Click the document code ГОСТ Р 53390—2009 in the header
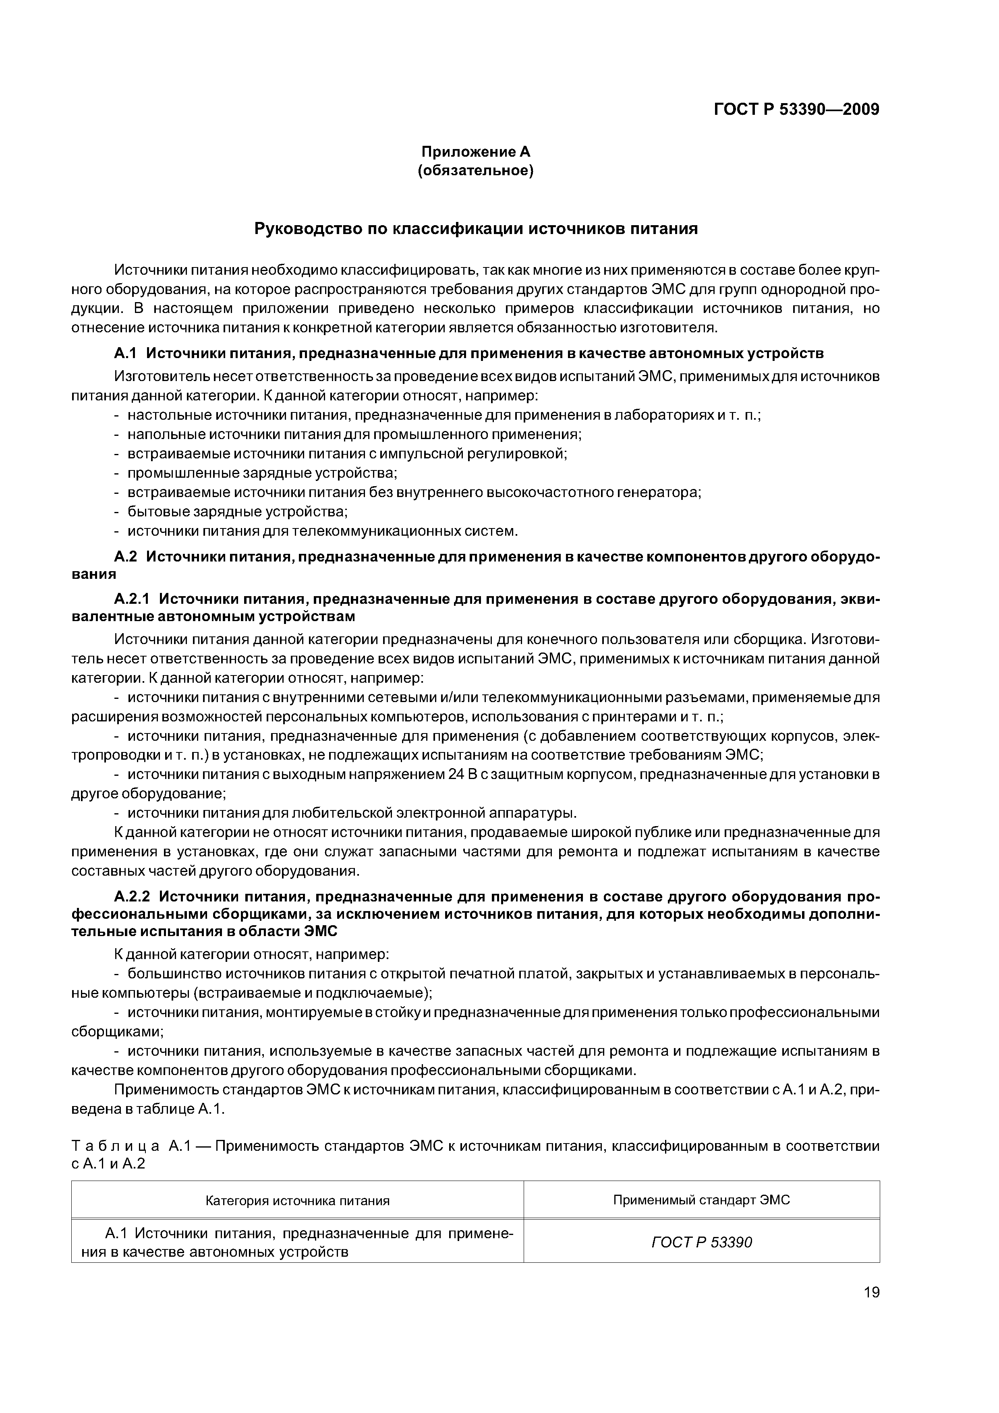click(796, 110)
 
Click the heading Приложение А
click(475, 151)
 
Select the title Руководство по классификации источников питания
click(476, 229)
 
